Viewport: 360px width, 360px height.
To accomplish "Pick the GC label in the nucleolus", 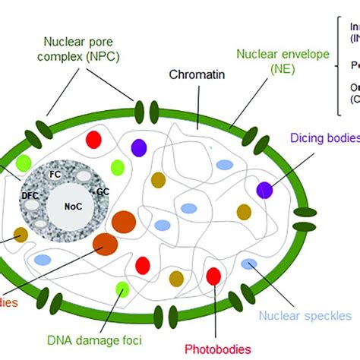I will (103, 192).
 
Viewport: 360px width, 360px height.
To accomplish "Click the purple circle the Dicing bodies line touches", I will (264, 190).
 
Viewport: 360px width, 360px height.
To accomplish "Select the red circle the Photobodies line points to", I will (213, 276).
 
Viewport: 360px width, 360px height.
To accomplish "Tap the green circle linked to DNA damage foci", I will (122, 288).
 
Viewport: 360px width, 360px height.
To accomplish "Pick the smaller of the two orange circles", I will (105, 244).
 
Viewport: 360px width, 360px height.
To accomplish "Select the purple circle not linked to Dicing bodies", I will (139, 147).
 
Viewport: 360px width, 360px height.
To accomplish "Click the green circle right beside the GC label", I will (117, 167).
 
